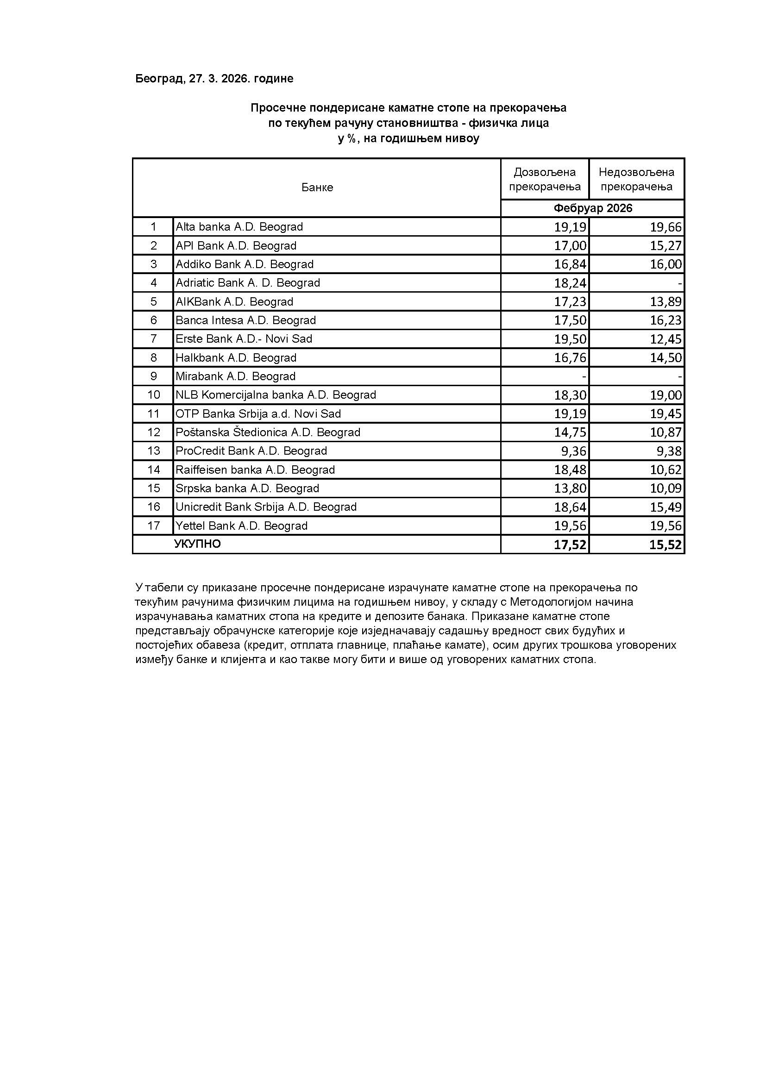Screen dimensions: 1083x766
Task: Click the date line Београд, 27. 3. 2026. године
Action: click(x=214, y=79)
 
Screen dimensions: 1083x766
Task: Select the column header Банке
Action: click(x=317, y=188)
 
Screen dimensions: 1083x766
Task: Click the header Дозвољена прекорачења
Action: click(x=545, y=179)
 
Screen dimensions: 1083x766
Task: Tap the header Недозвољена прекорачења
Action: click(x=636, y=179)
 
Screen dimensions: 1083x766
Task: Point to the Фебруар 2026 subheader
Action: click(x=592, y=208)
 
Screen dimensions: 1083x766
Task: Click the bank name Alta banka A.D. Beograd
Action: click(x=239, y=227)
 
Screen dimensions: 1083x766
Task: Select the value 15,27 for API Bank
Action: click(x=666, y=246)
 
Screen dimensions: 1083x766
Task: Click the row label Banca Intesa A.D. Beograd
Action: click(x=246, y=320)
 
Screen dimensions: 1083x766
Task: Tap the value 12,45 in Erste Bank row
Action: click(x=666, y=339)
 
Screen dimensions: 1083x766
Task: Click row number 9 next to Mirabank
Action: click(x=153, y=376)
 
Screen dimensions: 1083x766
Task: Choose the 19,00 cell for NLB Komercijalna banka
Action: click(x=666, y=395)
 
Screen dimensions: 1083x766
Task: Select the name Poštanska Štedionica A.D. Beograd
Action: click(x=268, y=432)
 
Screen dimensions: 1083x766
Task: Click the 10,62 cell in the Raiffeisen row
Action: click(x=666, y=470)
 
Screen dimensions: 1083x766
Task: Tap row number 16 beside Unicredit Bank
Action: click(x=153, y=507)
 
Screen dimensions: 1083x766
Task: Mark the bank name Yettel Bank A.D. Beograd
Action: click(x=241, y=526)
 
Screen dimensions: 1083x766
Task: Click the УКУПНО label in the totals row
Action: click(x=198, y=545)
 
